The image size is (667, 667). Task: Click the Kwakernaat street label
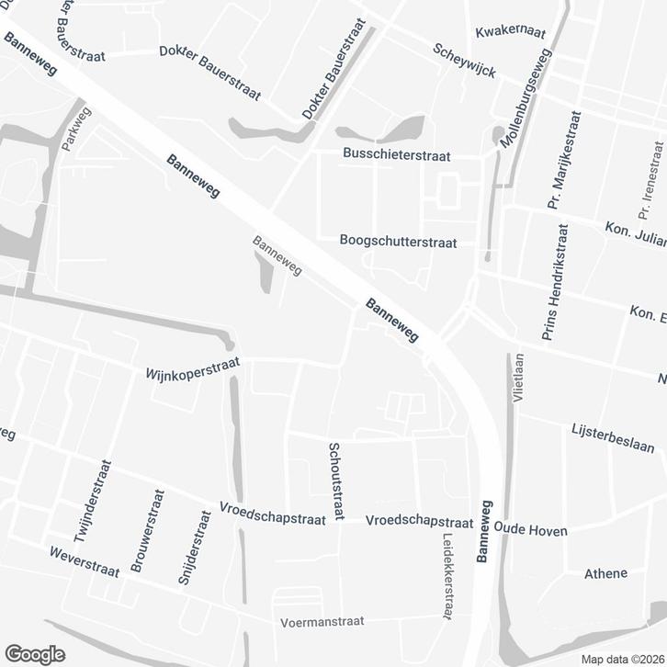click(511, 32)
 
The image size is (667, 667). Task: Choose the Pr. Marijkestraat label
click(565, 161)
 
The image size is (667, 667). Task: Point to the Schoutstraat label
click(335, 480)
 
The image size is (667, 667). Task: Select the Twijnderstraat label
click(96, 503)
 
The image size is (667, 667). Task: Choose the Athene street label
click(605, 573)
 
